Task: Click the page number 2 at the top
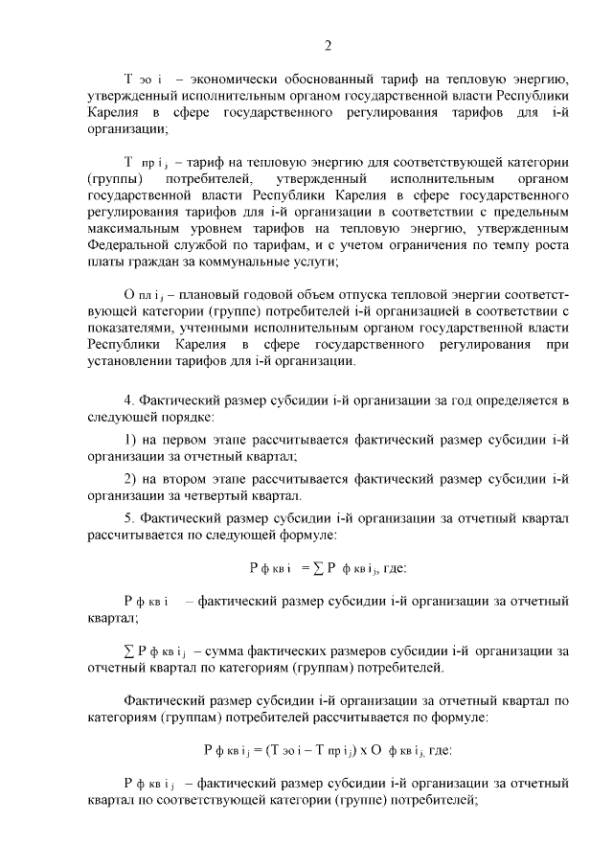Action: tap(327, 45)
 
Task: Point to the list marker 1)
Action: tap(131, 440)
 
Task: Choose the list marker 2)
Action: tap(131, 478)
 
